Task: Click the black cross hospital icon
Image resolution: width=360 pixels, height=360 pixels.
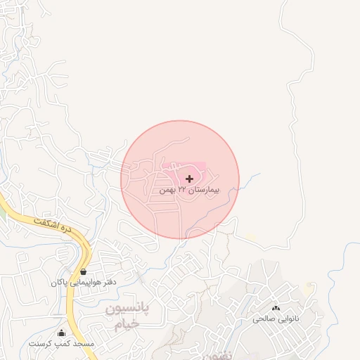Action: point(189,179)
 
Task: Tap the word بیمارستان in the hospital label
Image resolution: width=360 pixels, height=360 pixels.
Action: point(205,191)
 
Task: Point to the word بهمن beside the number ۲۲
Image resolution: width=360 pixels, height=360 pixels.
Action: point(167,191)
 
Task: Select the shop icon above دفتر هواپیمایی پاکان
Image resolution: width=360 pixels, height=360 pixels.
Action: point(84,271)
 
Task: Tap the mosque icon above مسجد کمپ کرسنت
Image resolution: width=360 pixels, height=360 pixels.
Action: point(61,333)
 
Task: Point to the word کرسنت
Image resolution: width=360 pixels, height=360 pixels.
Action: point(41,344)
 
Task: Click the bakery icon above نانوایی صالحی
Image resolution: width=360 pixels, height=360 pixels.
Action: point(276,308)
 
